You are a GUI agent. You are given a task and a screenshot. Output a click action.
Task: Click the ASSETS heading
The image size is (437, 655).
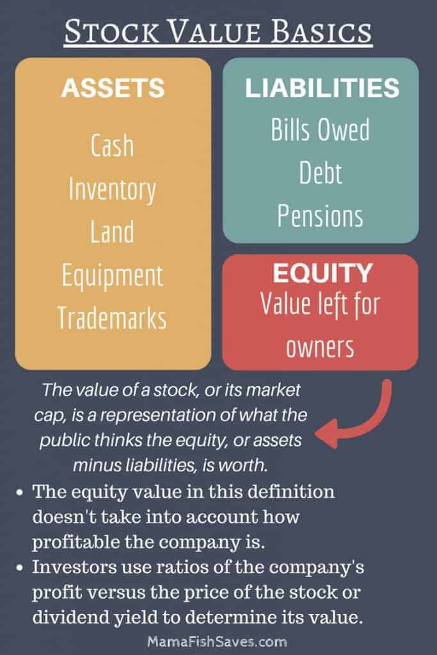click(x=113, y=88)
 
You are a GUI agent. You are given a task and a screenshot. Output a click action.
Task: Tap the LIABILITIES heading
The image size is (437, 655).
click(x=322, y=88)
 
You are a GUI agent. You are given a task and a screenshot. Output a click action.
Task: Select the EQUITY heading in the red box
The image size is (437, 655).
click(x=322, y=272)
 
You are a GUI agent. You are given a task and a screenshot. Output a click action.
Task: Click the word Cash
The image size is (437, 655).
click(x=113, y=145)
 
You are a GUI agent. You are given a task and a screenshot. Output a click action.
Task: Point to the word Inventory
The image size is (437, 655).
click(x=113, y=190)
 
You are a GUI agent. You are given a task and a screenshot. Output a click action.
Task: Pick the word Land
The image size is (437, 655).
click(x=113, y=232)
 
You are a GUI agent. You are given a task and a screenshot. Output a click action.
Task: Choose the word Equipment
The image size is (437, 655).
click(x=113, y=276)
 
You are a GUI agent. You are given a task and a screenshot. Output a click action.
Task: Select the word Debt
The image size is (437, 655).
click(x=321, y=173)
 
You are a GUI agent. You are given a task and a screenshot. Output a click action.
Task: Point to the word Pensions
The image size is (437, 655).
click(x=320, y=216)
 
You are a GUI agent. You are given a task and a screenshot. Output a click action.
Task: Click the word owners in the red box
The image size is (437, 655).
click(x=320, y=347)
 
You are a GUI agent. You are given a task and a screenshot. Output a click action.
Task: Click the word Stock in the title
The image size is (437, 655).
click(x=111, y=32)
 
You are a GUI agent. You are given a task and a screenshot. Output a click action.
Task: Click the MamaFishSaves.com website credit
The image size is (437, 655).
click(x=218, y=642)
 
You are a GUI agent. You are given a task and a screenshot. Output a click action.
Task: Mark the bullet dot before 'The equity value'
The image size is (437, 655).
click(x=19, y=493)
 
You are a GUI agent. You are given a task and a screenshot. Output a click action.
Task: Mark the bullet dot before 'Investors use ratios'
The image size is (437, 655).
click(x=19, y=568)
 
